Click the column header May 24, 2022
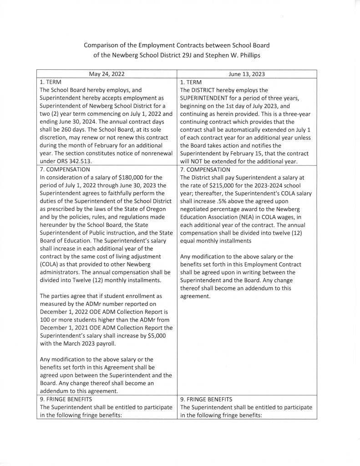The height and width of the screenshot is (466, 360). click(x=106, y=73)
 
